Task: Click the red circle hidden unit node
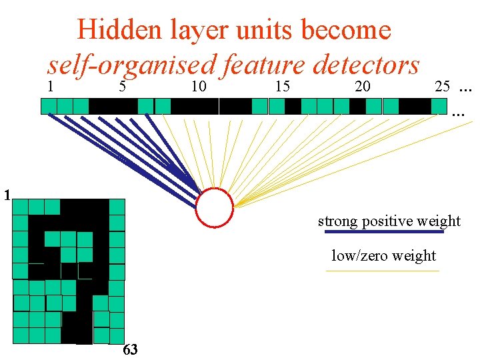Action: pos(215,208)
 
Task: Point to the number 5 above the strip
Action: pos(122,86)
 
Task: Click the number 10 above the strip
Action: pos(198,86)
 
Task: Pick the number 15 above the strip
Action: pos(282,86)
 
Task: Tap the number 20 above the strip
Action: pos(363,86)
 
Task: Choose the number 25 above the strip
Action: pos(442,86)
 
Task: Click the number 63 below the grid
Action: pos(131,350)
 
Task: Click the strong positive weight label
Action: pos(389,221)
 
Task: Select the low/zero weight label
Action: pos(383,255)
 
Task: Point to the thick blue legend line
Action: pos(383,232)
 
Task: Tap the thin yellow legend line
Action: pos(382,271)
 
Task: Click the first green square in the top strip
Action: pos(49,106)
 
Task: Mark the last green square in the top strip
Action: pos(439,106)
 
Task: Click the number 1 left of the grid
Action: pos(6,196)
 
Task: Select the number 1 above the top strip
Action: pos(51,86)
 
